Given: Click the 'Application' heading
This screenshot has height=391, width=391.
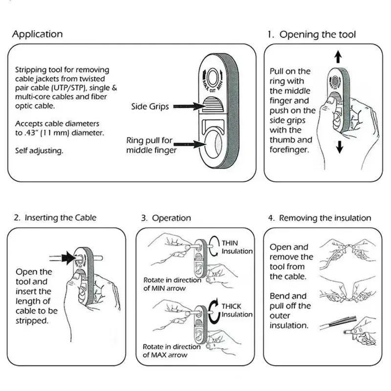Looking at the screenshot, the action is (x=38, y=34).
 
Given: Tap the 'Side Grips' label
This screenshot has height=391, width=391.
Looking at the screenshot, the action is (x=150, y=107).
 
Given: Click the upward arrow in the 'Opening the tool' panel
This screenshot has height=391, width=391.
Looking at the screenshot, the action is (x=338, y=57).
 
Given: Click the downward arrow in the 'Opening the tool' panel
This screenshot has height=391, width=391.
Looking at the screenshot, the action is (x=339, y=147).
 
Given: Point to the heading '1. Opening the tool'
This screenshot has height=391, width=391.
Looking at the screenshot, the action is (x=311, y=34).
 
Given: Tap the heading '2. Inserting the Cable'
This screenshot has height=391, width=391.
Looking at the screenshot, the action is (x=55, y=217).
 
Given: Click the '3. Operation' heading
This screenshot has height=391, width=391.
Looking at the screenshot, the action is (x=166, y=218).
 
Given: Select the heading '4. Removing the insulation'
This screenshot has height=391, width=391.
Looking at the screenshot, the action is (x=320, y=218).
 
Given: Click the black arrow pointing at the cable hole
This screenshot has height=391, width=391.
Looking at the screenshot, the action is (x=69, y=258).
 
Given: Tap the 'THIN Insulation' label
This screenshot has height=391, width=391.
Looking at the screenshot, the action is (x=237, y=247).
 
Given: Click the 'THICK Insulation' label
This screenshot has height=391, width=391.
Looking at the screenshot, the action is (x=237, y=310).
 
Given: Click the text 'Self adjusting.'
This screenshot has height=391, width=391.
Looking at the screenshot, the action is (x=39, y=151).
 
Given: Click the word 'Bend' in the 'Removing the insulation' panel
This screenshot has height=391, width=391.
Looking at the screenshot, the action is (x=280, y=296).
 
